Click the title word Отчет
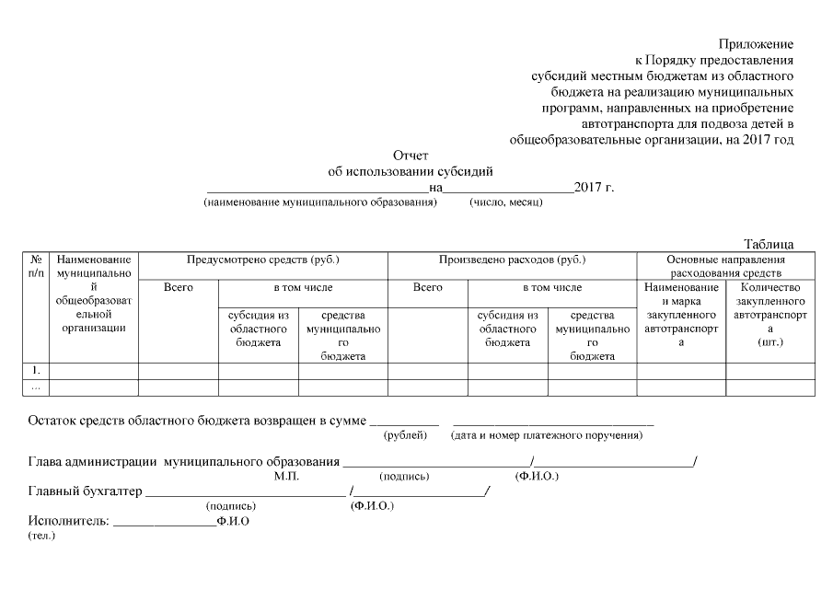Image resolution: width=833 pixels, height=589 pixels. coord(411,156)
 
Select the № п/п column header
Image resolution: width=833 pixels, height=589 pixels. coord(36,267)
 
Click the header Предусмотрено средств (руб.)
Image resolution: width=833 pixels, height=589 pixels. coord(263,260)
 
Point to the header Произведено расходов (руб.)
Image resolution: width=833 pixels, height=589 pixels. coord(512,260)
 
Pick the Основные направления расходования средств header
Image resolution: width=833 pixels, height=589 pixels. coord(726,267)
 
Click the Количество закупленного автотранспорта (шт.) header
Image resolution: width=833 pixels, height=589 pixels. coord(769,315)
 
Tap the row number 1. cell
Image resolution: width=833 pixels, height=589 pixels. coord(36,370)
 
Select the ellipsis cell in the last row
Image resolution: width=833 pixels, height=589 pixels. coord(36,387)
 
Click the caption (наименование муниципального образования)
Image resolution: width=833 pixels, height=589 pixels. coord(319,202)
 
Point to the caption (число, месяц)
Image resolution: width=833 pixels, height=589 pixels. coord(505,202)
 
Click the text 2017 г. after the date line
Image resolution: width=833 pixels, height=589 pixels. coord(594,188)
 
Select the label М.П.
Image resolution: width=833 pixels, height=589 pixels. coord(286,477)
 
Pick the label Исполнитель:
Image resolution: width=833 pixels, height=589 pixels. coord(68,521)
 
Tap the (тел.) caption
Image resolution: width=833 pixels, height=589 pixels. coord(41,536)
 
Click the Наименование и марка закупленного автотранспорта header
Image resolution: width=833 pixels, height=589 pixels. coord(682,315)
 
